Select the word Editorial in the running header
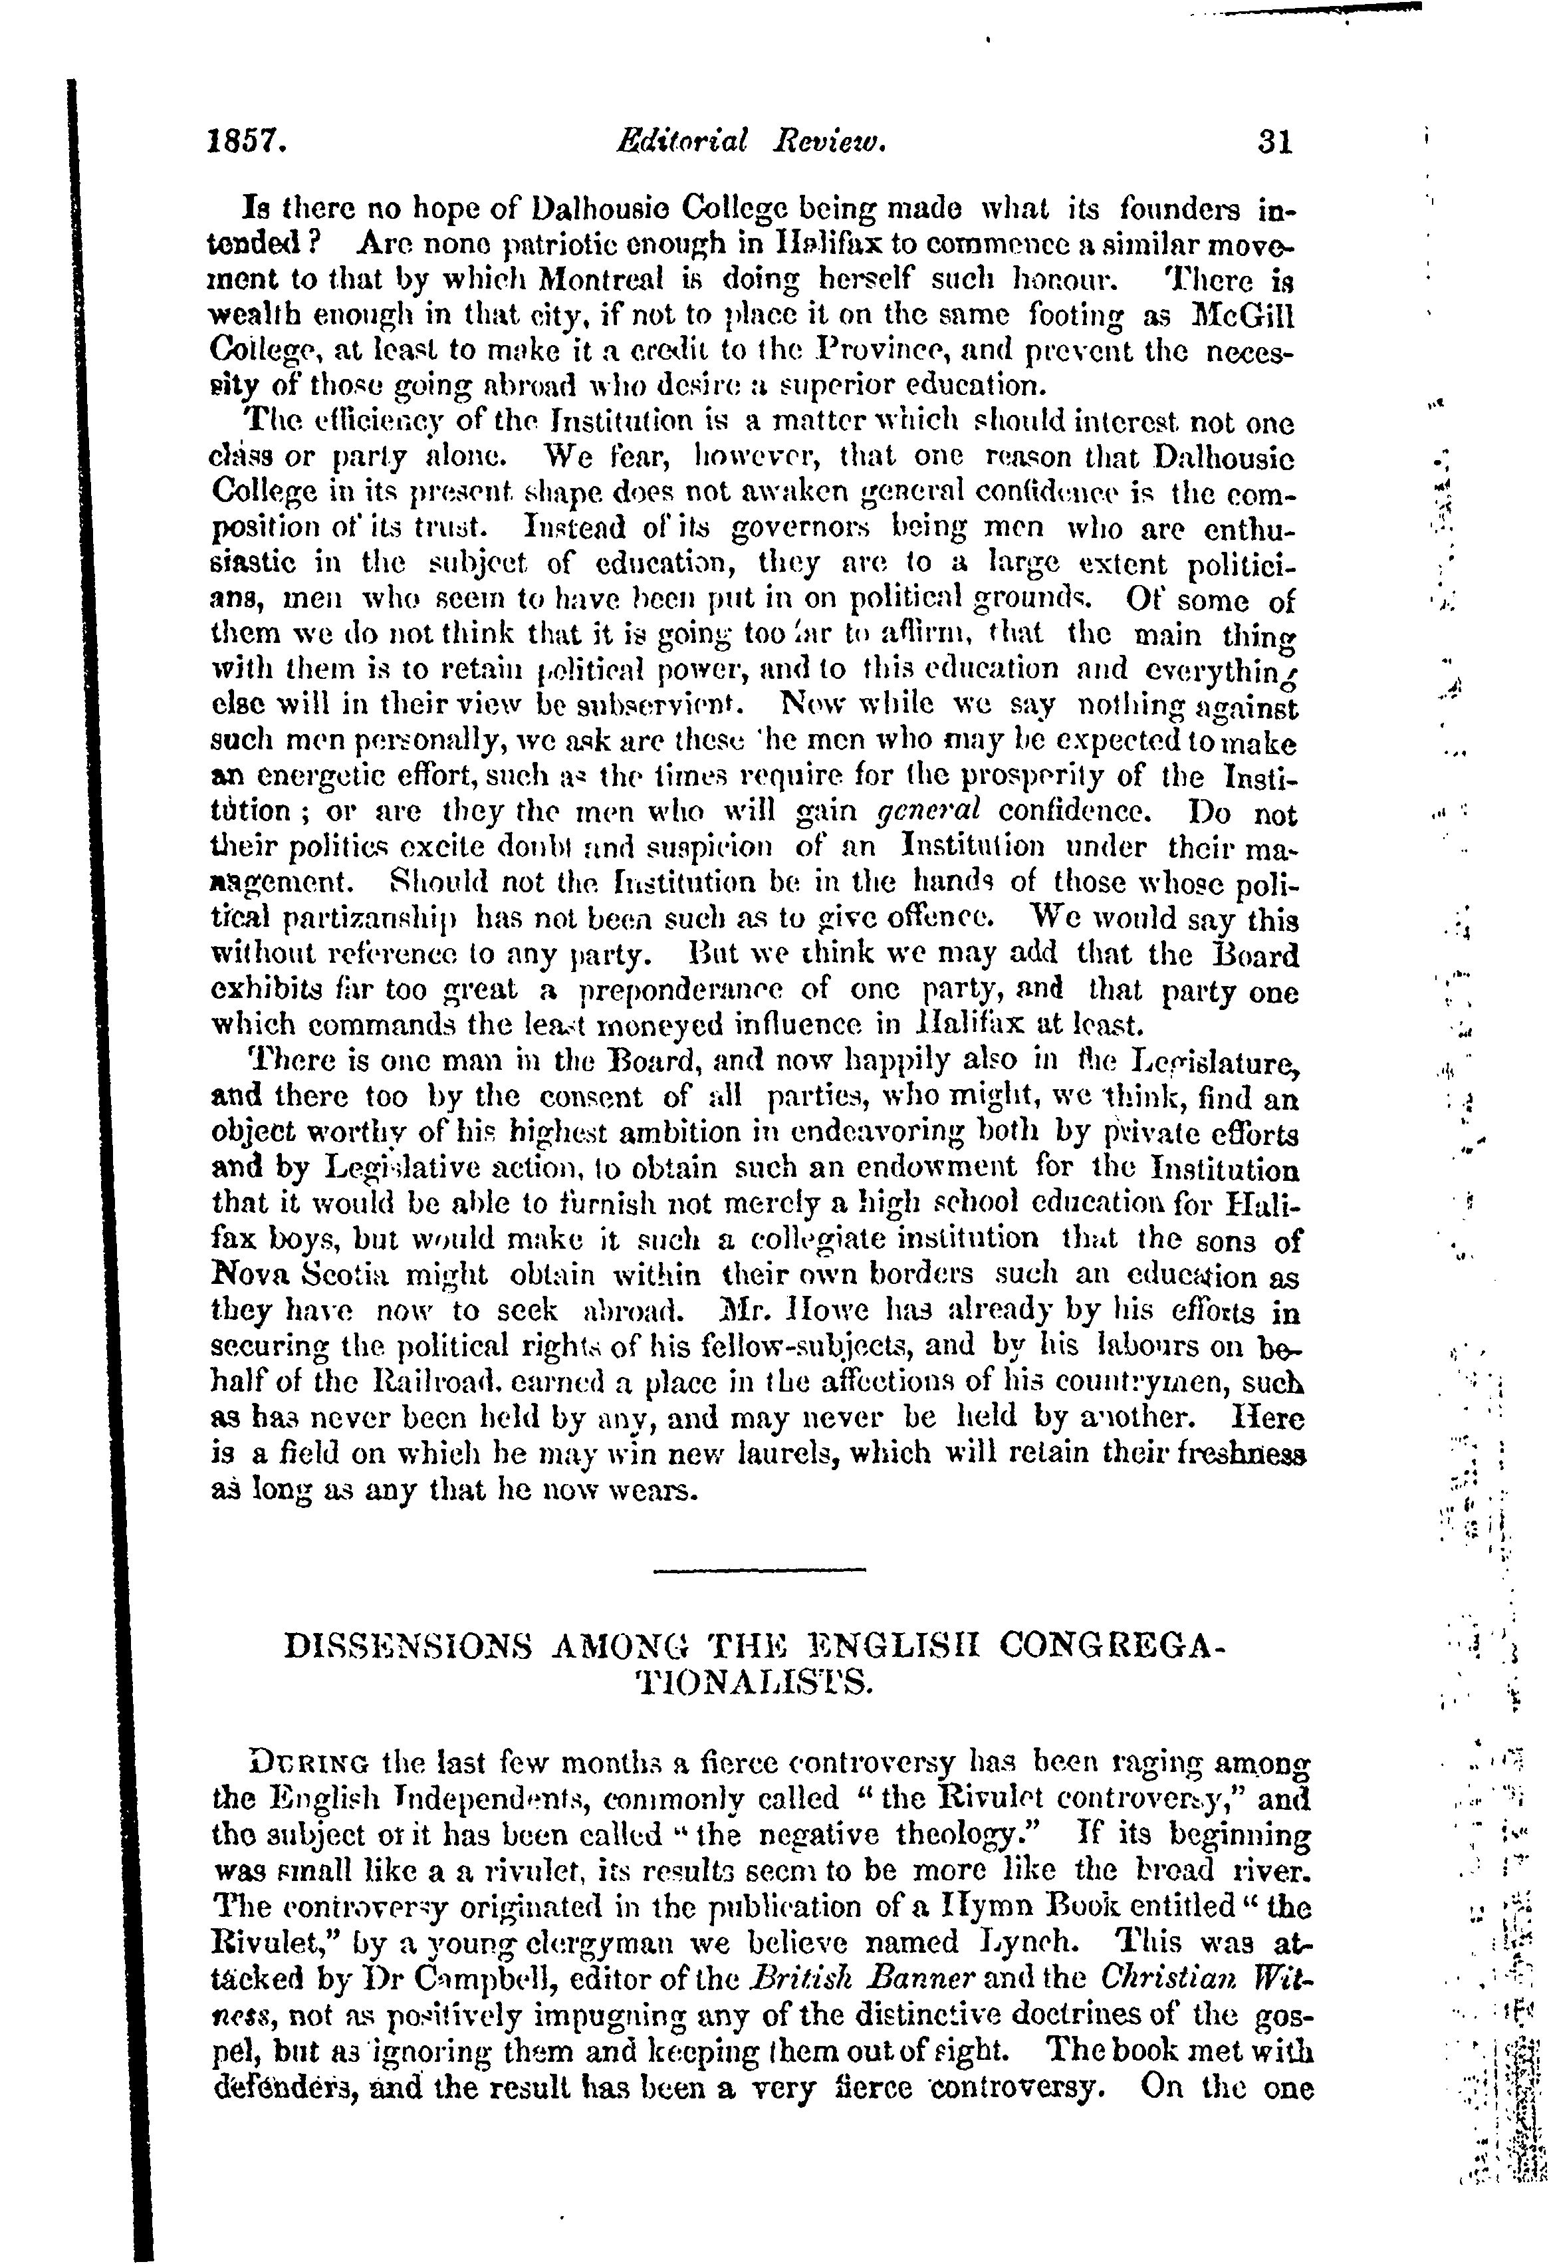[x=682, y=142]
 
